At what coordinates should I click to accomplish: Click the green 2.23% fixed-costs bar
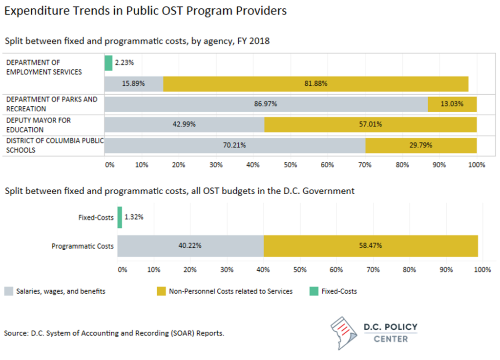point(108,63)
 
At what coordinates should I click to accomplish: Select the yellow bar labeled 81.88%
point(315,84)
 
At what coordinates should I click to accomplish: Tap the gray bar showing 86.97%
point(266,104)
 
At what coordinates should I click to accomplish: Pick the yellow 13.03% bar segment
point(452,104)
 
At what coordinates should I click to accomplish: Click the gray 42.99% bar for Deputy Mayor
point(185,125)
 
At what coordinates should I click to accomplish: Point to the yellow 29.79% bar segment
point(421,145)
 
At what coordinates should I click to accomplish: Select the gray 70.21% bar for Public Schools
point(235,145)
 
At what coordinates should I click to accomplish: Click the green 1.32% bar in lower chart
point(120,218)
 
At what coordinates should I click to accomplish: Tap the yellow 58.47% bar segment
point(371,246)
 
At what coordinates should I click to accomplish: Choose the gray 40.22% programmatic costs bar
point(190,246)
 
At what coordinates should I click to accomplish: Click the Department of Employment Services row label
point(44,67)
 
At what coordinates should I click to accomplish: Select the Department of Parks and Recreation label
point(52,104)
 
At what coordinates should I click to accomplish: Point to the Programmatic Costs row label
point(83,246)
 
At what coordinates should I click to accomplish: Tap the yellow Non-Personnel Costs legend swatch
point(161,292)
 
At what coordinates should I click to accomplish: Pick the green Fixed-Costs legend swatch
point(314,292)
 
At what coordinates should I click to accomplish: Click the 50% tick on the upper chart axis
point(291,165)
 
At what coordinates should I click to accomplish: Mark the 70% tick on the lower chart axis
point(373,269)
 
